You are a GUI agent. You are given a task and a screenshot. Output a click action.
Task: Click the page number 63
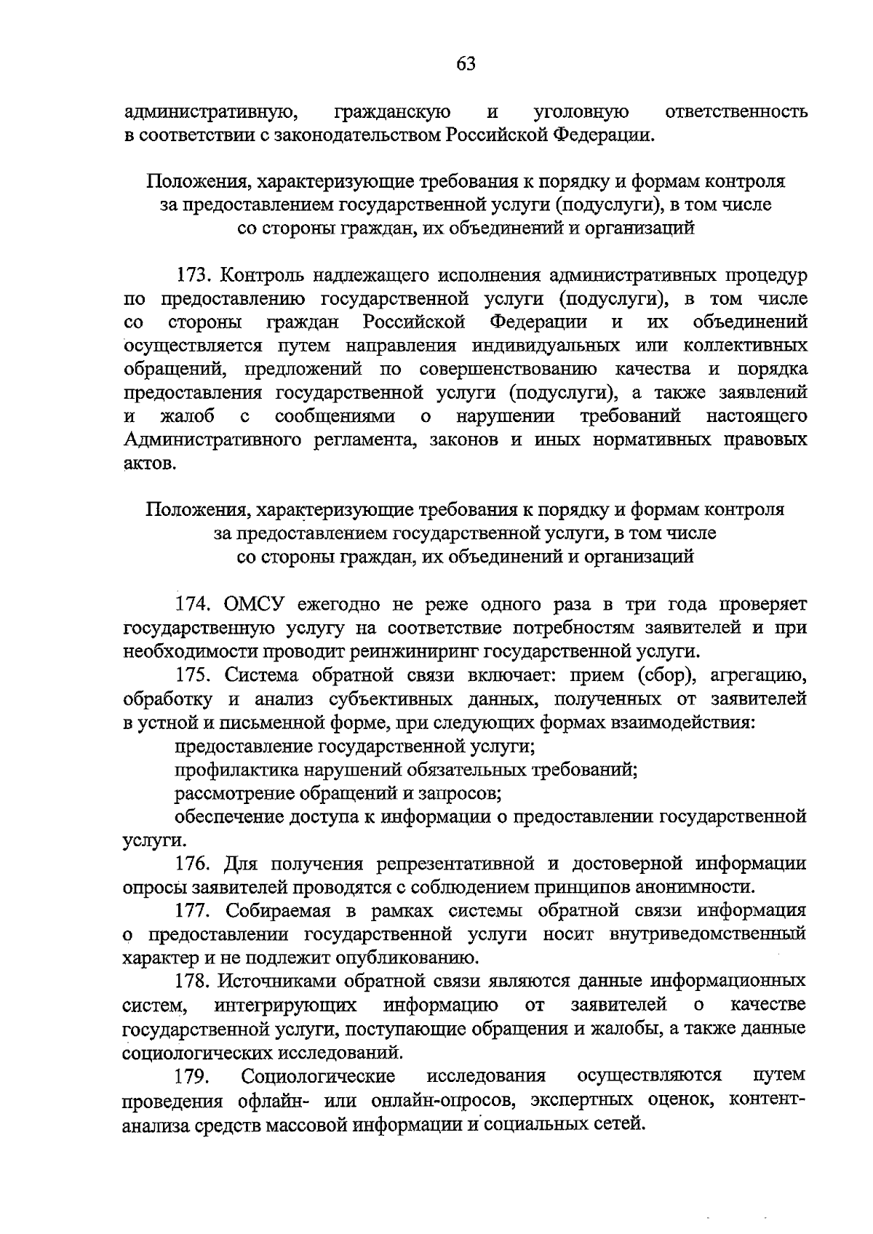point(466,64)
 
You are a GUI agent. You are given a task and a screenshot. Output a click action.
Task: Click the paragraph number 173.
point(193,276)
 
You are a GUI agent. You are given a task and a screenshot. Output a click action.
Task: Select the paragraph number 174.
point(193,604)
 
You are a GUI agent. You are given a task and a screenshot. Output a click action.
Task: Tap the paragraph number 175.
point(193,675)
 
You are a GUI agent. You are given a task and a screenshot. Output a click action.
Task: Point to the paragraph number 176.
point(193,864)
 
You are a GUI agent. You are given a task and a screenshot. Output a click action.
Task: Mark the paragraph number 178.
point(193,981)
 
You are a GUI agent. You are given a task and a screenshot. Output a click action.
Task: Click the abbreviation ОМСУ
point(255,604)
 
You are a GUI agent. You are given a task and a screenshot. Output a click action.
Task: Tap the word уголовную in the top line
point(581,112)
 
